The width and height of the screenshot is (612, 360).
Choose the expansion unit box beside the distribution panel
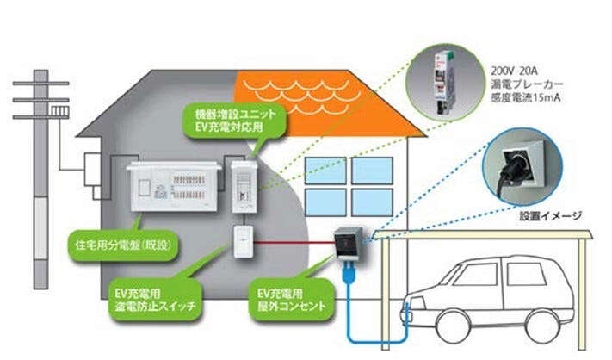tap(244, 185)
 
